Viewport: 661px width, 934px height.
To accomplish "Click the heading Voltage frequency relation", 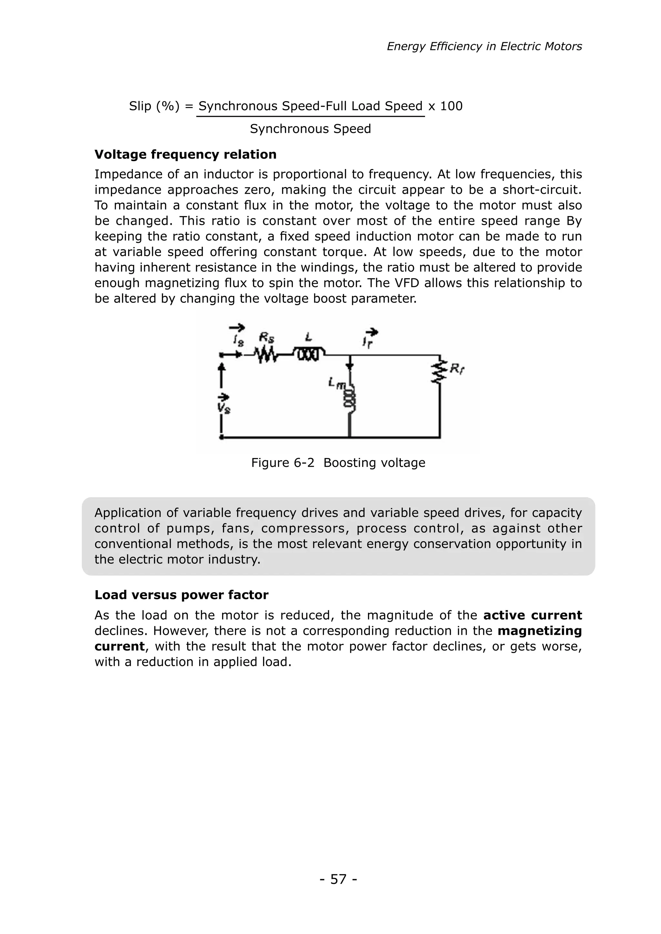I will tap(185, 154).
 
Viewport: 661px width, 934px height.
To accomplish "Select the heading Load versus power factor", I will tap(181, 595).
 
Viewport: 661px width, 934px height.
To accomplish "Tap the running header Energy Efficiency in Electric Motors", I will tap(484, 46).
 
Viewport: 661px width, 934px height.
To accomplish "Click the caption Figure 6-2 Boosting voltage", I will tap(338, 462).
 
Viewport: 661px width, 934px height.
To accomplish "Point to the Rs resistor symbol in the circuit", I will tap(266, 355).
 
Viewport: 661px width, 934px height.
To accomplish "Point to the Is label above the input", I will tap(239, 340).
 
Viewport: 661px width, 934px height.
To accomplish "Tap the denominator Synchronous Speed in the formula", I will tap(310, 129).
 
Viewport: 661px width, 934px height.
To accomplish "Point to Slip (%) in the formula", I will tap(154, 106).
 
